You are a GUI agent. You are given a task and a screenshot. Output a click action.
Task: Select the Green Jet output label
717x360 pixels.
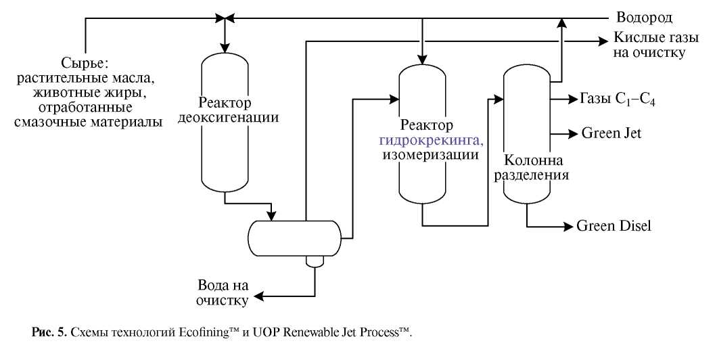tap(611, 133)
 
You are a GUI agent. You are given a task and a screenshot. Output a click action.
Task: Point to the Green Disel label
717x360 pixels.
tap(614, 226)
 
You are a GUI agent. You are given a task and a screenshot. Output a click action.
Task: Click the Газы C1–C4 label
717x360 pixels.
tap(616, 100)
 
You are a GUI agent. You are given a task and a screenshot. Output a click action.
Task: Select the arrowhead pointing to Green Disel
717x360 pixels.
tap(568, 226)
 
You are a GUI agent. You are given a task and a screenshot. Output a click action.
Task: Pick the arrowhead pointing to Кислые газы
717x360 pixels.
tap(604, 41)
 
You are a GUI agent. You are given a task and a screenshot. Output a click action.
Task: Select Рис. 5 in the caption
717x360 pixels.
tap(47, 334)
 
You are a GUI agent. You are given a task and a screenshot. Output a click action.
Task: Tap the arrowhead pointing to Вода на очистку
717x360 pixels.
tap(258, 296)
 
